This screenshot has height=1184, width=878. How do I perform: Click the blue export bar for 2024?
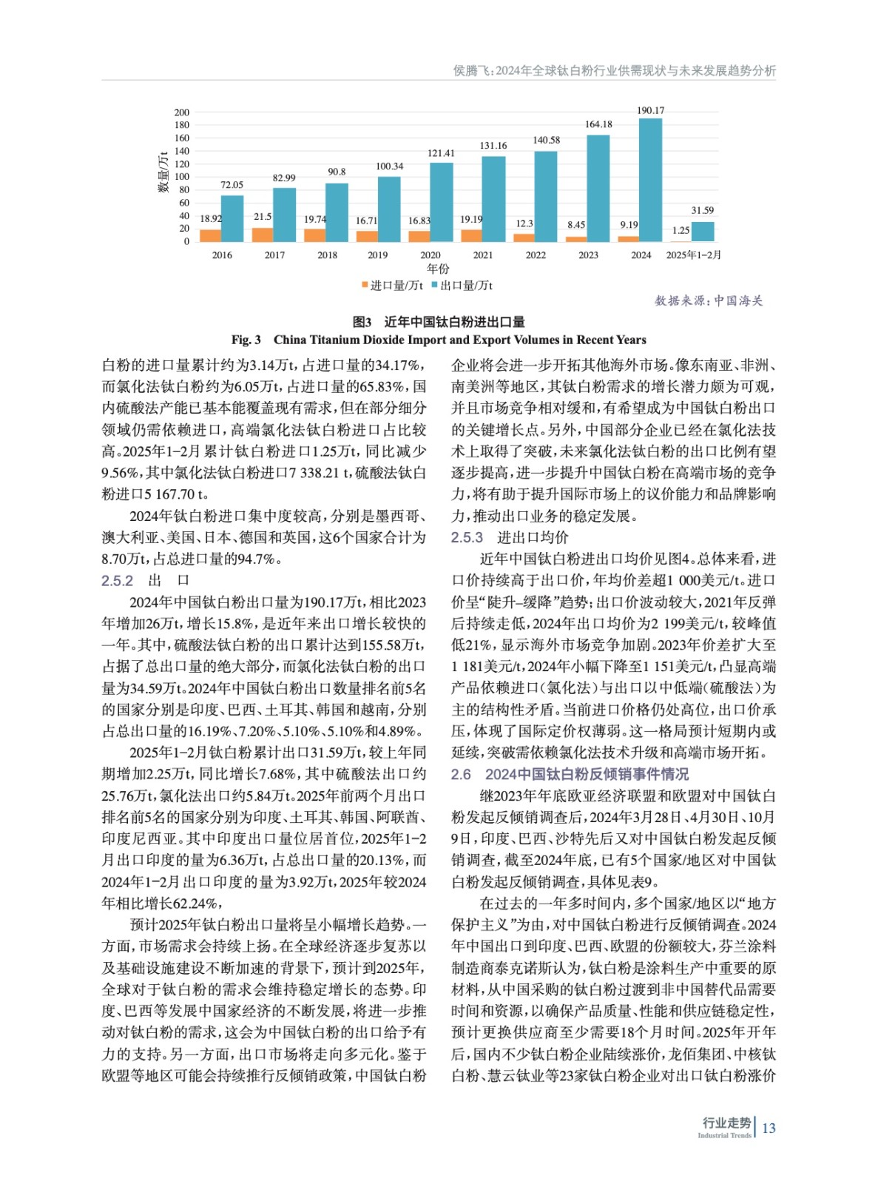click(x=650, y=180)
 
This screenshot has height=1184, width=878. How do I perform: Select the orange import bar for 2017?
click(x=263, y=235)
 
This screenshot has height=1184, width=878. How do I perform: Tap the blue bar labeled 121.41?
click(x=442, y=202)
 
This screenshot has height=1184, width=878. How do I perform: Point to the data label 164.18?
click(x=598, y=124)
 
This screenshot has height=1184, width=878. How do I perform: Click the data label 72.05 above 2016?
click(x=232, y=185)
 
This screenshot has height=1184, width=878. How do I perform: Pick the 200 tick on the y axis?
click(x=182, y=112)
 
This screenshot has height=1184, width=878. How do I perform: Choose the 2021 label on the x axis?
click(x=483, y=255)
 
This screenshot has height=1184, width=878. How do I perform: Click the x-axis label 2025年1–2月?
click(x=693, y=255)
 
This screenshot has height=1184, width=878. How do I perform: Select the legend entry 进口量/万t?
click(x=392, y=286)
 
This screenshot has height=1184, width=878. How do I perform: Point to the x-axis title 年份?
click(x=438, y=269)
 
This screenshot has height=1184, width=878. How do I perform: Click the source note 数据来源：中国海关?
click(x=708, y=301)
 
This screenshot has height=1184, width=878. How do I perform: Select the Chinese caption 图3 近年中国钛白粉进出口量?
click(x=439, y=322)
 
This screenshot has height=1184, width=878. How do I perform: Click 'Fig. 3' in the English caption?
click(x=246, y=340)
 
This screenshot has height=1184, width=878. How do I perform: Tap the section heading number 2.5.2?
click(x=118, y=581)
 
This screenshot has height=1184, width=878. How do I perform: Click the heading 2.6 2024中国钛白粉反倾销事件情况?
click(x=570, y=774)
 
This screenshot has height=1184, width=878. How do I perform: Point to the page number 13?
click(x=769, y=1128)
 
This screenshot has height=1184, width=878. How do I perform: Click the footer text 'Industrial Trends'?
click(x=724, y=1135)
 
